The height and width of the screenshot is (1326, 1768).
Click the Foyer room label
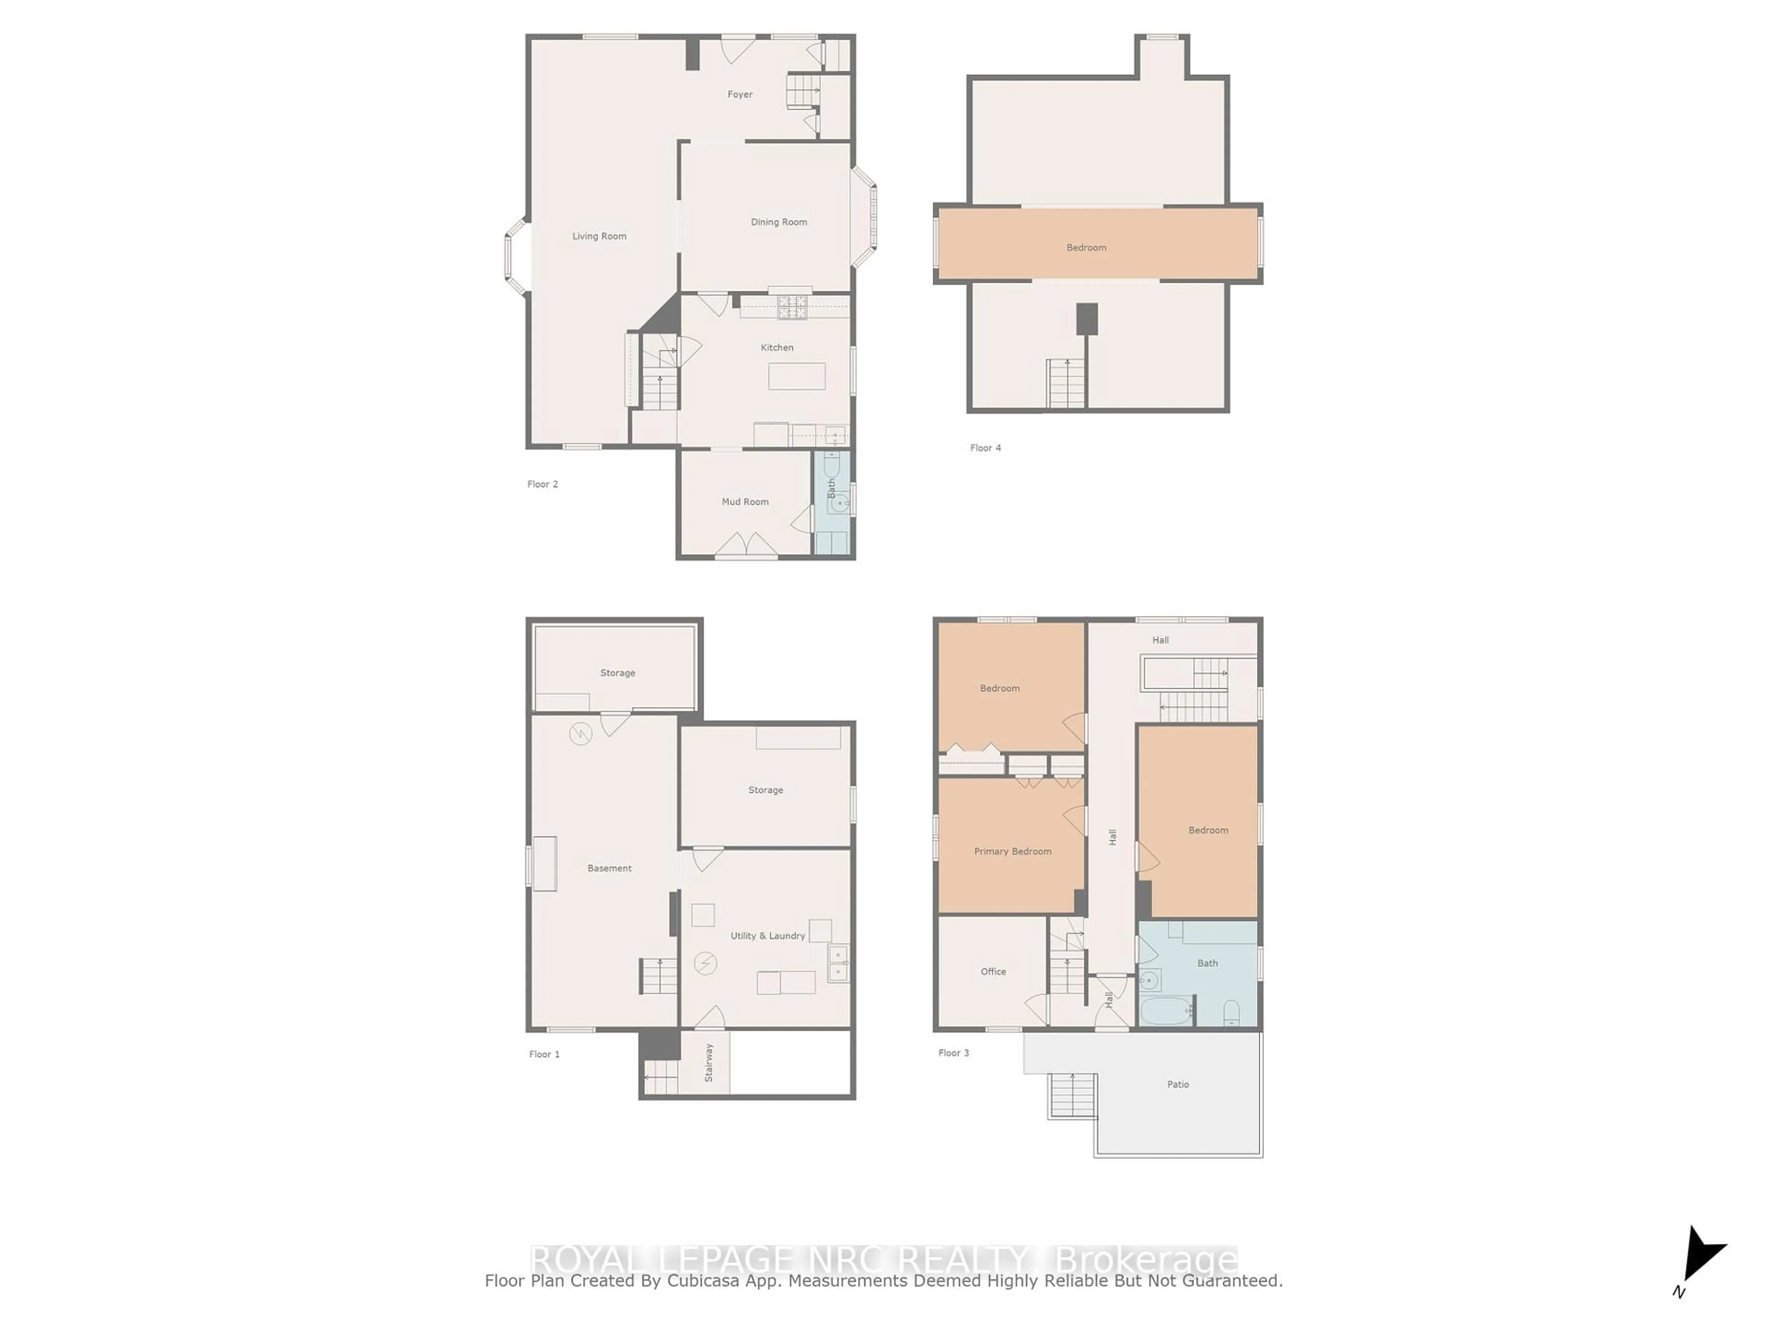(739, 94)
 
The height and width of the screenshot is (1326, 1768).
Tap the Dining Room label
(779, 222)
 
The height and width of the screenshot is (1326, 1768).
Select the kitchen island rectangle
(797, 376)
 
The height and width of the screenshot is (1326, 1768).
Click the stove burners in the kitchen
(793, 308)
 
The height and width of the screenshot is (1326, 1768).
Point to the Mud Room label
(745, 502)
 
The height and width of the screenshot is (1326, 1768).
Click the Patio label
(1178, 1085)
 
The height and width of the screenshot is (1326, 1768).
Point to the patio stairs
(1072, 1095)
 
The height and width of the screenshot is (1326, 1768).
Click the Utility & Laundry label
(768, 936)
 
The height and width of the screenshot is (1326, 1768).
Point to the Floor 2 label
(543, 484)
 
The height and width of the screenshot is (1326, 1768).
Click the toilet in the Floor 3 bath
(1232, 1012)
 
